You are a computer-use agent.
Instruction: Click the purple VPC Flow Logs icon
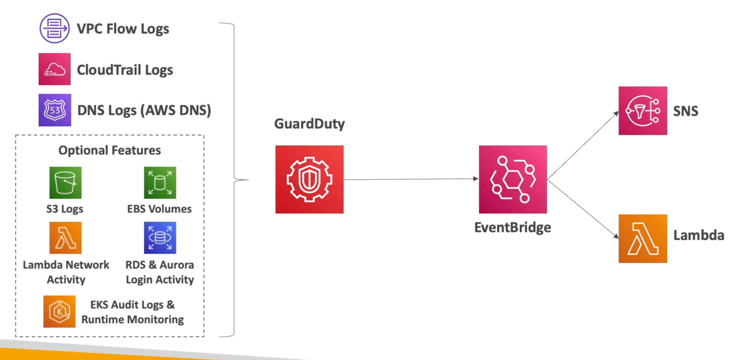[54, 28]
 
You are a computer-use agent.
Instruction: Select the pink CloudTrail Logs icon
[54, 69]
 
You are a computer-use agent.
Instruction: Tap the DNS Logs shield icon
[54, 110]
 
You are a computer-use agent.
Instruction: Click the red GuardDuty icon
[309, 179]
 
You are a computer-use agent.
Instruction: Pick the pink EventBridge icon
[513, 179]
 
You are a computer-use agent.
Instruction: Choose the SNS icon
[642, 111]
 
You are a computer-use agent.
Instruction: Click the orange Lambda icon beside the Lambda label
[642, 238]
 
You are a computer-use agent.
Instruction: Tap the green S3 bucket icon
[65, 183]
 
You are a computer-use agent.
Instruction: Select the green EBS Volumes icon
[160, 183]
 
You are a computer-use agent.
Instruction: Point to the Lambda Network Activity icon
[65, 238]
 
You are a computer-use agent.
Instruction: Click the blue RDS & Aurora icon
[160, 238]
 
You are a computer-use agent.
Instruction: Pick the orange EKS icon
[59, 311]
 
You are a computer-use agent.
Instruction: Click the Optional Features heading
[110, 150]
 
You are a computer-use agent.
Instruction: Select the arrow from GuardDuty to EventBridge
[411, 179]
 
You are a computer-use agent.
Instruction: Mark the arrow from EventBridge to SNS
[582, 146]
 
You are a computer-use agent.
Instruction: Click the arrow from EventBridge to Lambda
[582, 208]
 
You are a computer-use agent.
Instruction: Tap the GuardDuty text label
[310, 124]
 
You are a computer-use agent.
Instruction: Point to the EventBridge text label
[513, 227]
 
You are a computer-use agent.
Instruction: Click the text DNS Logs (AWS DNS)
[144, 110]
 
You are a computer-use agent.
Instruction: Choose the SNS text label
[686, 111]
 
